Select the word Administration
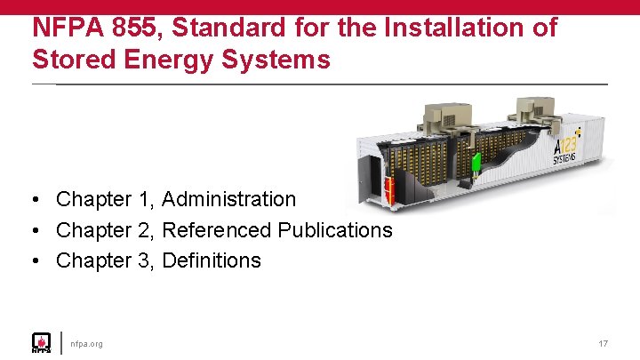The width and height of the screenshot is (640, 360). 228,200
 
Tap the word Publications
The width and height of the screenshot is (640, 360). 335,230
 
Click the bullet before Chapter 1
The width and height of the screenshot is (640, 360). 36,200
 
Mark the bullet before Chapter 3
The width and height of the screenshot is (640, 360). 36,260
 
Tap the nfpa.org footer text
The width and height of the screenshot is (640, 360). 86,343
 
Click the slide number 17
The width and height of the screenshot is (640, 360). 603,343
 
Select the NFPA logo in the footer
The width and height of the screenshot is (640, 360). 41,343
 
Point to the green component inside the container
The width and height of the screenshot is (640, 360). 476,164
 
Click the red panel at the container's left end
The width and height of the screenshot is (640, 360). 388,188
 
